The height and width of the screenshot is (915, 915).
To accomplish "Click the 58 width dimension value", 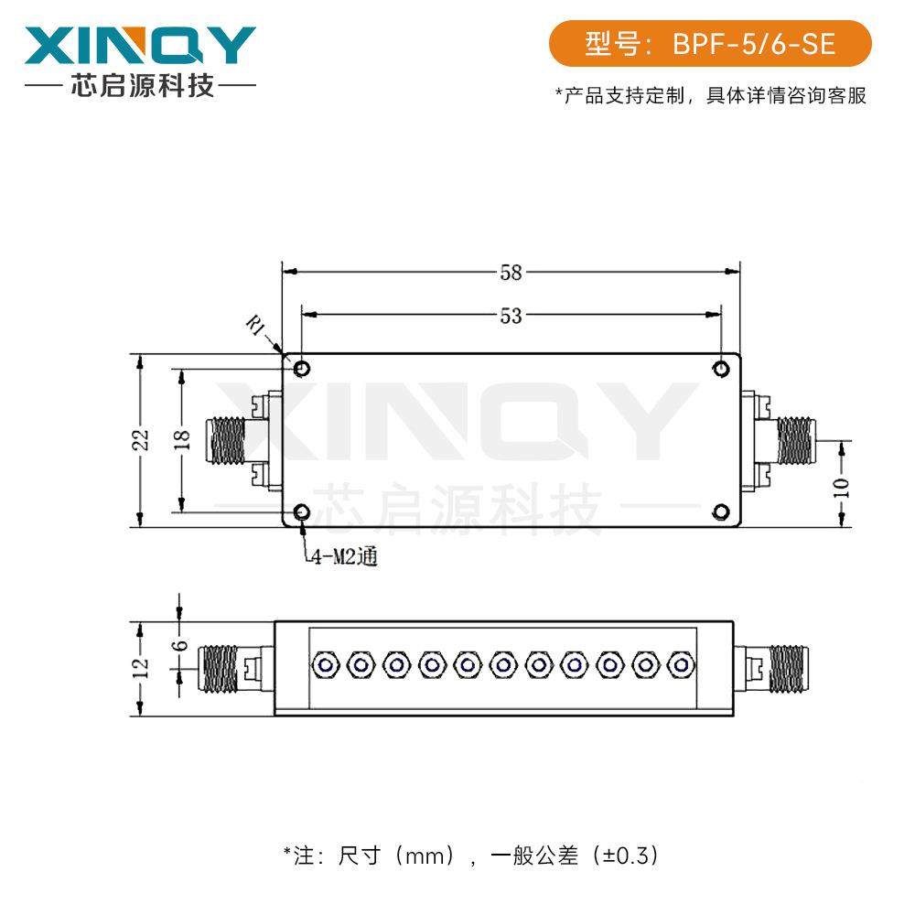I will click(511, 272).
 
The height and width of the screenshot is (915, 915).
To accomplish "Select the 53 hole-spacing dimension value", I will click(511, 316).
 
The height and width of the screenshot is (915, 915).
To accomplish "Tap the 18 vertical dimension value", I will click(181, 440).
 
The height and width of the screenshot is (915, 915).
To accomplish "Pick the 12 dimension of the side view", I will click(140, 668).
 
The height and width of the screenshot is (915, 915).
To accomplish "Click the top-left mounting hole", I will click(302, 369).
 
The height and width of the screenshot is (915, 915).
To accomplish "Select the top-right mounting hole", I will click(721, 369).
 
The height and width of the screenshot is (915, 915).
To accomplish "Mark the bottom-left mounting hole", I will click(302, 512).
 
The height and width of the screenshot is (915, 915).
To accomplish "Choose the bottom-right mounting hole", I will click(721, 512).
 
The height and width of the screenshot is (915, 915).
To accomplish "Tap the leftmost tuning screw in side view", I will click(324, 665).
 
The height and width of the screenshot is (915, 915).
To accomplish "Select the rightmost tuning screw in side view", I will click(679, 665).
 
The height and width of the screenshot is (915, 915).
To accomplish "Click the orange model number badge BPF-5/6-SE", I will click(710, 44).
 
